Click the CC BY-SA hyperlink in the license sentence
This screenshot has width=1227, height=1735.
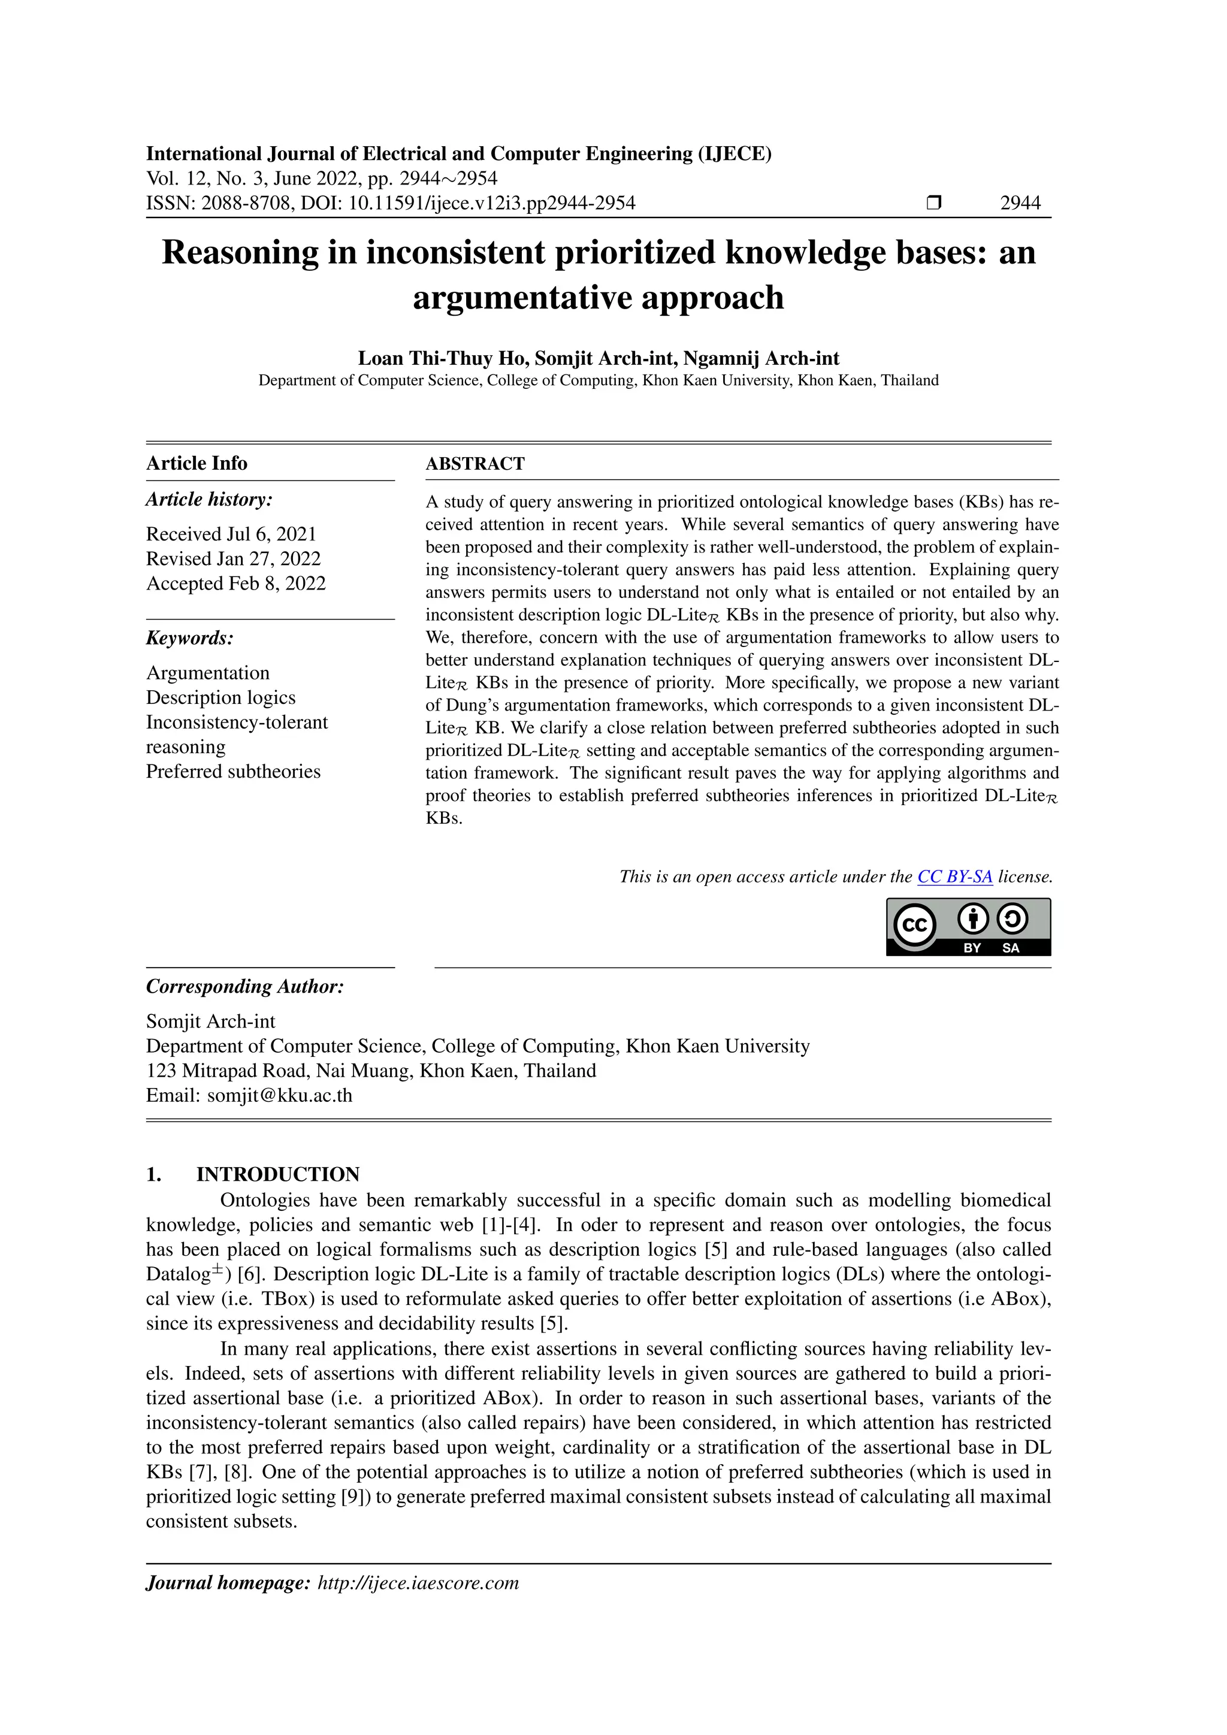pyautogui.click(x=954, y=876)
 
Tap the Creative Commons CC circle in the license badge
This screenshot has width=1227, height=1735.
pyautogui.click(x=914, y=925)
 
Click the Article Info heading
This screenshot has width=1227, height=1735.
pyautogui.click(x=197, y=463)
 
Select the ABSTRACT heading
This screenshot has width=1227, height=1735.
pyautogui.click(x=475, y=464)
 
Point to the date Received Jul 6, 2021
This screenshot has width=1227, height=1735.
pyautogui.click(x=231, y=534)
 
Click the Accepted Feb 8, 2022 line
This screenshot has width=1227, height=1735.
pyautogui.click(x=235, y=584)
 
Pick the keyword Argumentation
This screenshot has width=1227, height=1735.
pyautogui.click(x=208, y=673)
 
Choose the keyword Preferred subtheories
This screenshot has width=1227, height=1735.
pyautogui.click(x=232, y=772)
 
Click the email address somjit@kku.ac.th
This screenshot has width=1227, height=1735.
pyautogui.click(x=280, y=1096)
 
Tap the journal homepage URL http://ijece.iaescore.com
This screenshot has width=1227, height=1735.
pyautogui.click(x=419, y=1583)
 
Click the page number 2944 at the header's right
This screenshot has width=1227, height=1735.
pyautogui.click(x=1020, y=202)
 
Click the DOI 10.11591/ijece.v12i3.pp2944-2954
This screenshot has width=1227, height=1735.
pyautogui.click(x=491, y=202)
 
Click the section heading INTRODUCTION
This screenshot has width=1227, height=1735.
pyautogui.click(x=277, y=1174)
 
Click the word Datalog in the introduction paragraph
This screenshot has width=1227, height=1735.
pyautogui.click(x=177, y=1275)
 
